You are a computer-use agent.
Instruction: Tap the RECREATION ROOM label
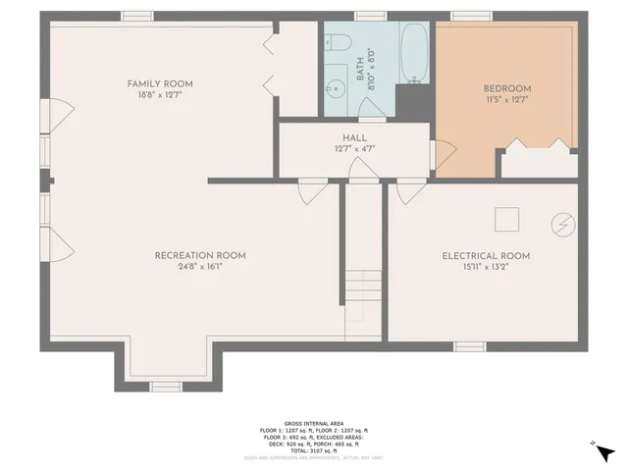[x=200, y=255]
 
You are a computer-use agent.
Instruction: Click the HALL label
[x=354, y=138]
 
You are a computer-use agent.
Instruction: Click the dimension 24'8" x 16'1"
[x=200, y=267]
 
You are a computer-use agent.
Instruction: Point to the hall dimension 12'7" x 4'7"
[x=354, y=149]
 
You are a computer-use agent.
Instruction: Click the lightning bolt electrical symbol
[x=562, y=223]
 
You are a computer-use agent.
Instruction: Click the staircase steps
[x=361, y=291]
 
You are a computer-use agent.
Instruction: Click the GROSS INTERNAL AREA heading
[x=313, y=423]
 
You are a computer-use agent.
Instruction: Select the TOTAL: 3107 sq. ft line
[x=313, y=449]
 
